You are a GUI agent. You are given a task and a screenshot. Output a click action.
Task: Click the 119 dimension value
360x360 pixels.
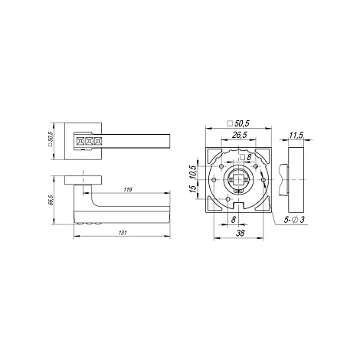coord(127,190)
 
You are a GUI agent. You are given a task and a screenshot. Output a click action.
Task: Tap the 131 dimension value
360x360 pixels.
coord(123,233)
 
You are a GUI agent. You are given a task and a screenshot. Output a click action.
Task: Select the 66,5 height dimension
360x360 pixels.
coord(51,200)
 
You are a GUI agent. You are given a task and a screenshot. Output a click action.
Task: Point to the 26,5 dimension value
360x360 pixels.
coord(240,135)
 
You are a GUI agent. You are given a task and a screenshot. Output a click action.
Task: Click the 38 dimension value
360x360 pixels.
coord(240,233)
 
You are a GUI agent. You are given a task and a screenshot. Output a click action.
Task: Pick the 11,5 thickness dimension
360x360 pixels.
coord(296,135)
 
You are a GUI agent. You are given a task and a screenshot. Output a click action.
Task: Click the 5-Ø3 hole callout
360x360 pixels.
coord(294,220)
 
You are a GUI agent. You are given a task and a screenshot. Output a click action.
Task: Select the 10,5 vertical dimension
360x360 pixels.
coord(193,172)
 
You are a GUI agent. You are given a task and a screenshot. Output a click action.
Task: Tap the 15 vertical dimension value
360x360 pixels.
coord(193,188)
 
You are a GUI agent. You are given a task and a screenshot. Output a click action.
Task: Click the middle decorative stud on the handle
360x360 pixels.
coord(89,141)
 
